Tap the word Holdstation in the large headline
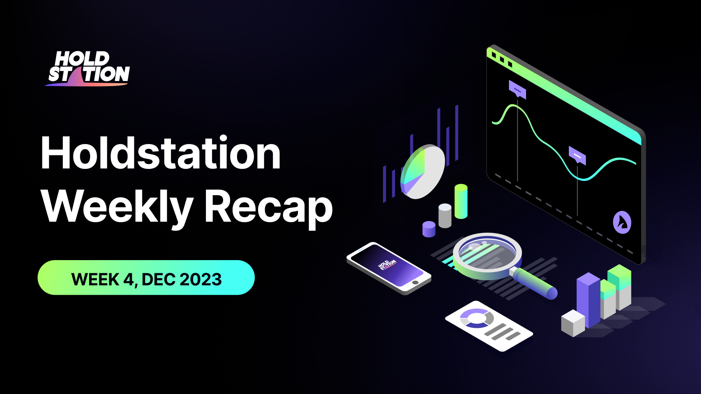[161, 153]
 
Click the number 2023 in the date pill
[200, 279]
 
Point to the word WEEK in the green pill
[95, 279]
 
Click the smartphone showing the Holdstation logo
[389, 268]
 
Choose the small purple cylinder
[429, 229]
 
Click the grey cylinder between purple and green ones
[445, 216]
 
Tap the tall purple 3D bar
[588, 299]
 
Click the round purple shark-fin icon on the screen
[622, 222]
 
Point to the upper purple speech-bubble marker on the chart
[517, 89]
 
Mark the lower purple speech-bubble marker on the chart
[577, 155]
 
